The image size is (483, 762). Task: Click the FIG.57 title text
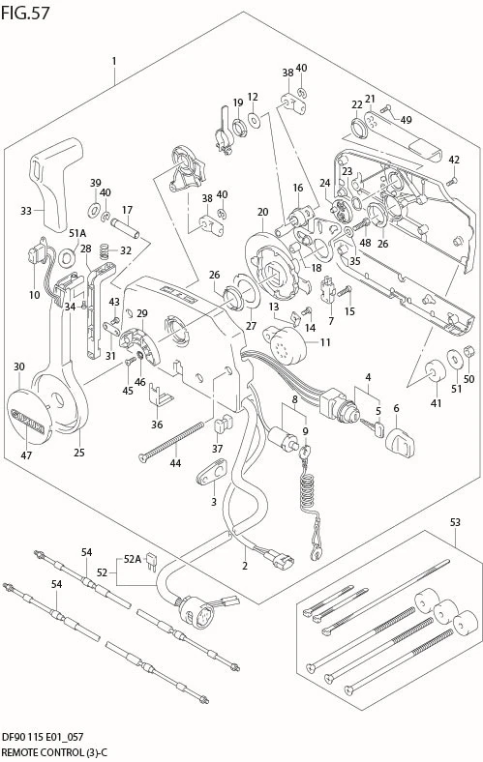pyautogui.click(x=25, y=13)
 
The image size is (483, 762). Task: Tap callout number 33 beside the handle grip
pyautogui.click(x=26, y=211)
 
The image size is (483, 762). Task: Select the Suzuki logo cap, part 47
pyautogui.click(x=29, y=416)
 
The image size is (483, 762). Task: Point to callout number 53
pyautogui.click(x=455, y=522)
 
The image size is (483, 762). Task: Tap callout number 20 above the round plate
pyautogui.click(x=262, y=212)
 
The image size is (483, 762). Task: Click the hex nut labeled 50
pyautogui.click(x=469, y=350)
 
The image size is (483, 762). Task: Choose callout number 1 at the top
pyautogui.click(x=114, y=61)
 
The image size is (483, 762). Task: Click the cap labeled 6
pyautogui.click(x=401, y=442)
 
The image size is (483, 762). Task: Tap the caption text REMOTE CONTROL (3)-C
pyautogui.click(x=53, y=753)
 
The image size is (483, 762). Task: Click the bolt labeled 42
pyautogui.click(x=452, y=181)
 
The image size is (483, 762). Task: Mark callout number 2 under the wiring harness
pyautogui.click(x=245, y=566)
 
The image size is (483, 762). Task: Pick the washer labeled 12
pyautogui.click(x=254, y=119)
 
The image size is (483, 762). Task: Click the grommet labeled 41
pyautogui.click(x=435, y=371)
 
